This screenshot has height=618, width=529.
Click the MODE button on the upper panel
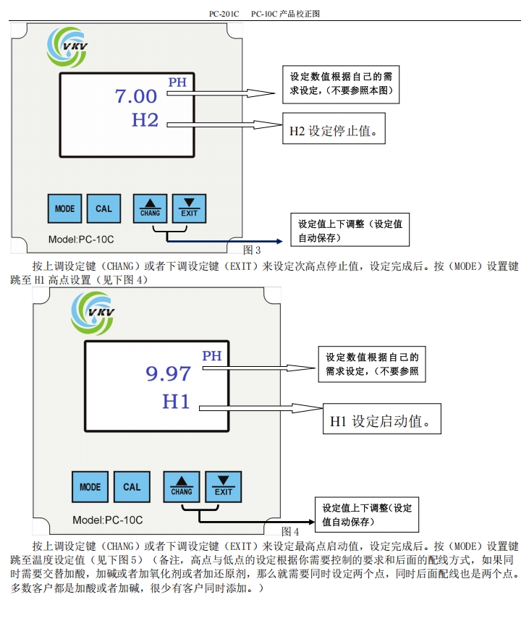pos(64,208)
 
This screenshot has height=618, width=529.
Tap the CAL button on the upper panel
pos(103,208)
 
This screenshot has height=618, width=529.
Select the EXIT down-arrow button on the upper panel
pos(189,208)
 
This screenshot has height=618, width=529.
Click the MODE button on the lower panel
pos(90,487)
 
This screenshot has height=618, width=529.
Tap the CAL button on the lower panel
pos(132,487)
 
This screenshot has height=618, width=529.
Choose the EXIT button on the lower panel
pos(224,487)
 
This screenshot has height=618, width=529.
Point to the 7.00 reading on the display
pos(136,96)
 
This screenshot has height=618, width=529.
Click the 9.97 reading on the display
pos(168,373)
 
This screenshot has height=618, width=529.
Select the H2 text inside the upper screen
pos(145,120)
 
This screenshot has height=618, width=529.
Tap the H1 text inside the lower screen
pos(176,401)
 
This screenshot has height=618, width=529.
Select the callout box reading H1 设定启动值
pos(381,420)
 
